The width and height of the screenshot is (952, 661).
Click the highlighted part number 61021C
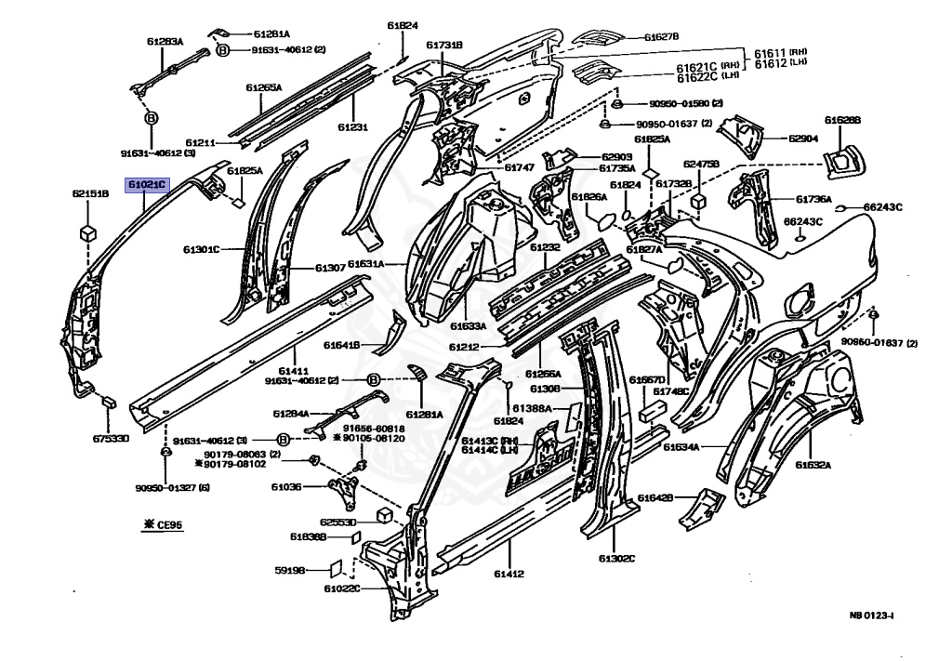(147, 185)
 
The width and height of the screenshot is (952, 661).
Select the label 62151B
(90, 194)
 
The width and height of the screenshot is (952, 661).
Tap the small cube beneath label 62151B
(89, 231)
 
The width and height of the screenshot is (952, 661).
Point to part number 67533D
(110, 437)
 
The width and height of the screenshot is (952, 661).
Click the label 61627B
(661, 37)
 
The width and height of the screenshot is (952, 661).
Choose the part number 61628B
(842, 120)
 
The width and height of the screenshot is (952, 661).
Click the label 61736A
(813, 199)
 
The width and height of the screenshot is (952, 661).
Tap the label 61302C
(616, 558)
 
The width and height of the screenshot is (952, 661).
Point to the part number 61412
(509, 573)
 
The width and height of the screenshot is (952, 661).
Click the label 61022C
(341, 588)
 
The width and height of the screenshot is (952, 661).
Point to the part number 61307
(330, 268)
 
